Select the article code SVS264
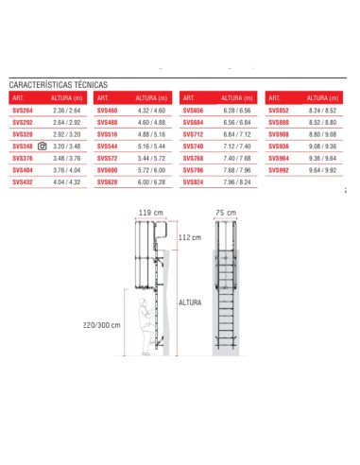point(23,110)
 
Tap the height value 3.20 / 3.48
point(68,146)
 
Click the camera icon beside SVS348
point(42,146)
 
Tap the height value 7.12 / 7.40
point(237,146)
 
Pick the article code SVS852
point(279,110)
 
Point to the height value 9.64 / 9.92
point(322,169)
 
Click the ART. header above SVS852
point(275,97)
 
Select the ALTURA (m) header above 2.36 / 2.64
point(68,97)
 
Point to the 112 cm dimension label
point(192,238)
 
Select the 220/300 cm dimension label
point(103,324)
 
